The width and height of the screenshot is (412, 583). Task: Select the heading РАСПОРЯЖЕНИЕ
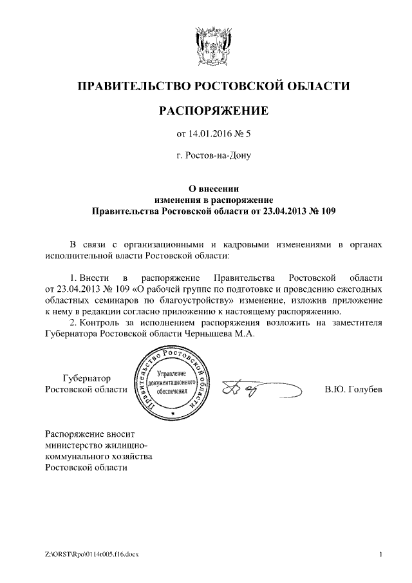click(213, 111)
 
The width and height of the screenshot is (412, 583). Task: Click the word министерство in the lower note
click(72, 444)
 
